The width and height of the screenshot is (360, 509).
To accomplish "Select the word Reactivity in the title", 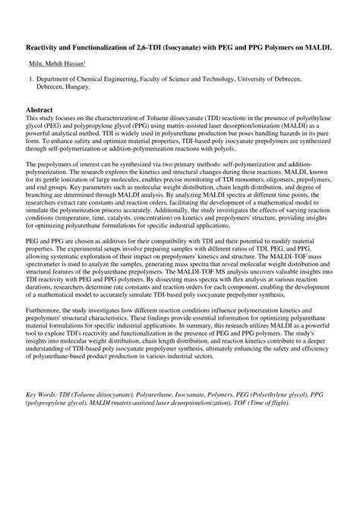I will (46, 47).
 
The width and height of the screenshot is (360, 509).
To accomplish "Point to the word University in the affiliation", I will (278, 79).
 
